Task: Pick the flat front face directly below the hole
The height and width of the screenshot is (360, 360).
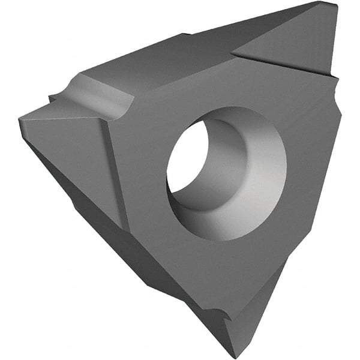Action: pos(204,264)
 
